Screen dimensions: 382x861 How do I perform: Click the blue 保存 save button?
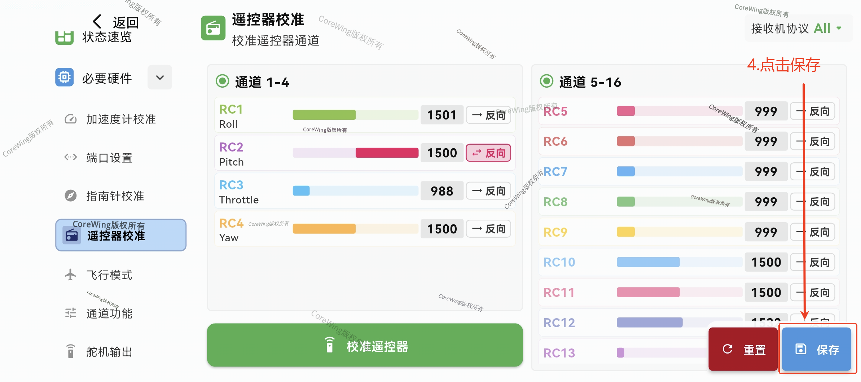point(817,349)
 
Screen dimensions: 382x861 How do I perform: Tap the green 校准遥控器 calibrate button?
point(365,346)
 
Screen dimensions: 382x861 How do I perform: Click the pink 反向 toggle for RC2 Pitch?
point(488,153)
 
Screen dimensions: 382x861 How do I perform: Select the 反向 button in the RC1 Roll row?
point(488,115)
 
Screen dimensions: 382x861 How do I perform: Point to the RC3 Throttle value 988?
point(442,191)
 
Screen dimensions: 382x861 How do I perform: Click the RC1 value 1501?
point(442,115)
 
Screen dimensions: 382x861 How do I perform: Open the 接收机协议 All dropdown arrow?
point(839,28)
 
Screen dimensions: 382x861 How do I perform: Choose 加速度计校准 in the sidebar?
point(121,119)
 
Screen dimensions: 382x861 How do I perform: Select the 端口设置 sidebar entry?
point(109,158)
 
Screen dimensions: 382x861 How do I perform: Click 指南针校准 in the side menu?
point(115,196)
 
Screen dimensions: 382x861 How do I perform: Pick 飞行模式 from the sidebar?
point(109,275)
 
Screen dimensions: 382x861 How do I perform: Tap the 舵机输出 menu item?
point(109,352)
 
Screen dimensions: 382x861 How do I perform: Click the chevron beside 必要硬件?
point(160,77)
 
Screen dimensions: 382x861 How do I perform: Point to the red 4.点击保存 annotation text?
point(783,65)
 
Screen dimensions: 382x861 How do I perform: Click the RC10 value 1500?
point(766,262)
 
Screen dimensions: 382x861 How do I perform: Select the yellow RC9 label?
point(555,232)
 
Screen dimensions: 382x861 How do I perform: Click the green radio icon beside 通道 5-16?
point(546,81)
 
